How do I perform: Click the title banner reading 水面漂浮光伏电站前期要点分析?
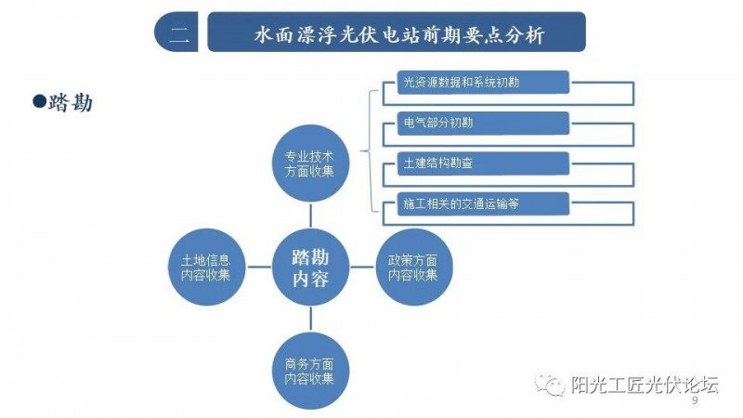(x=398, y=33)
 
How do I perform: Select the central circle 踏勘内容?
(x=310, y=268)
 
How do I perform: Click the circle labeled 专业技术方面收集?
(x=310, y=163)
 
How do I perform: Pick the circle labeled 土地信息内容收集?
(x=206, y=267)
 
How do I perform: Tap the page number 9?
(x=695, y=401)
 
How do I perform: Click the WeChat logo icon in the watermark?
(x=549, y=385)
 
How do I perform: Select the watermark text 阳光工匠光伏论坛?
(x=645, y=385)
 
